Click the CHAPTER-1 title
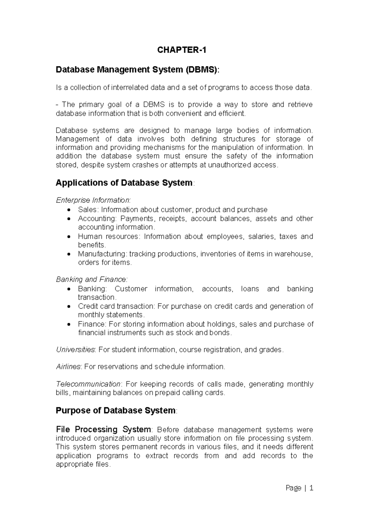182,50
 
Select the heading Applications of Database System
124,183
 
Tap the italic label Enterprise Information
93,201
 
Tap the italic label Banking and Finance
91,280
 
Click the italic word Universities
75,350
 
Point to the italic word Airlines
68,367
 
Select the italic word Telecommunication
88,384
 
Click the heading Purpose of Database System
115,411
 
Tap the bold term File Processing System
103,429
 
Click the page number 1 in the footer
311,488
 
